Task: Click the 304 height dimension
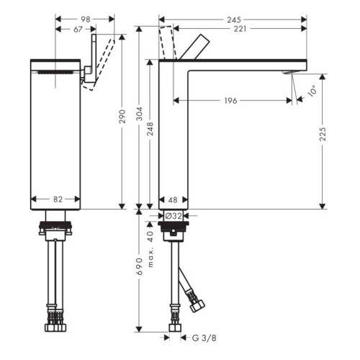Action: coord(140,117)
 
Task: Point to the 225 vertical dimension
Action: coord(323,134)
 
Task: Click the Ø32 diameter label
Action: coord(173,215)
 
